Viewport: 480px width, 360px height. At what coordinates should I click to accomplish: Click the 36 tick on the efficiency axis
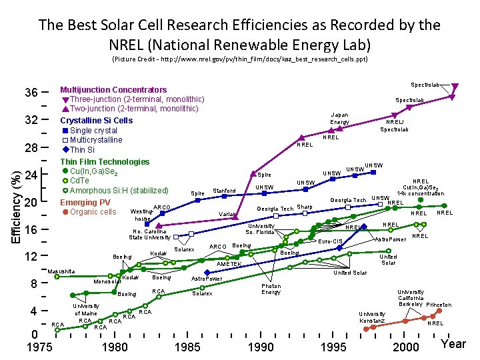click(31, 92)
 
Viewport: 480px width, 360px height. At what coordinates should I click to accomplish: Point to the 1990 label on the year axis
click(260, 347)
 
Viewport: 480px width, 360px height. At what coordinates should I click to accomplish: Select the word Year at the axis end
click(453, 344)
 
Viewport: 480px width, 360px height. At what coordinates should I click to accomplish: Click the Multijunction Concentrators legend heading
click(113, 89)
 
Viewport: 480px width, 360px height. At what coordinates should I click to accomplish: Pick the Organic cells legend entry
click(93, 212)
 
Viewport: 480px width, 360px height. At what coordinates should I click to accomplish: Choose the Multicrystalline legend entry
click(96, 140)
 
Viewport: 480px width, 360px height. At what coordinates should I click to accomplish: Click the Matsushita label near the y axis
click(62, 271)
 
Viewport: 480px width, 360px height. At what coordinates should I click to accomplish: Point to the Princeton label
click(439, 305)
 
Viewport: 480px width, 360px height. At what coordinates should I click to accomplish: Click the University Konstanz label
click(372, 317)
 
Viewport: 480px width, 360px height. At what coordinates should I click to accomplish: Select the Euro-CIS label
click(349, 241)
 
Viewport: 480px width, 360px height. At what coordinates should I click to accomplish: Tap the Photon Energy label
click(271, 289)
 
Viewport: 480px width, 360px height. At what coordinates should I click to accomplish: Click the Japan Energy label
click(340, 118)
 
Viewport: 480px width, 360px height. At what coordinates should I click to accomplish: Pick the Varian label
click(228, 214)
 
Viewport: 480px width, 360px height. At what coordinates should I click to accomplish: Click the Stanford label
click(225, 191)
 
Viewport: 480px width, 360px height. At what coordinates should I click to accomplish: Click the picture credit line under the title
click(239, 59)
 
